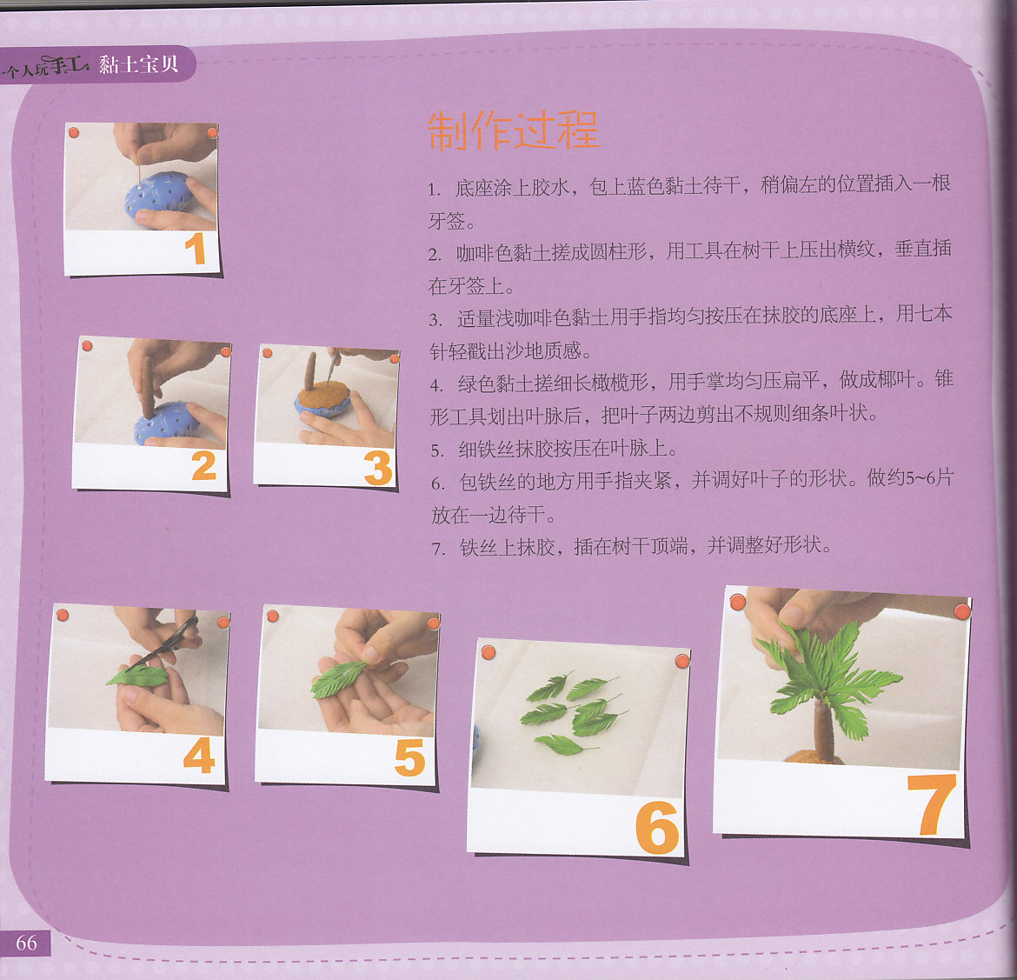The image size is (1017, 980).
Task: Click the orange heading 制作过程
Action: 513,130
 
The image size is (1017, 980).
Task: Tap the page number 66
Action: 26,943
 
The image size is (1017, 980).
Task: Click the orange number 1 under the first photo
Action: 195,250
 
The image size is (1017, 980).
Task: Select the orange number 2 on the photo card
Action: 203,466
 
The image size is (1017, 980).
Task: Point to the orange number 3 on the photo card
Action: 378,468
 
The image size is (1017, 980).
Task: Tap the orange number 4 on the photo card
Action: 199,755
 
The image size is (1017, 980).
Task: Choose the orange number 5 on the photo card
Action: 410,758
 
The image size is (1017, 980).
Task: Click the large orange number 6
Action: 657,828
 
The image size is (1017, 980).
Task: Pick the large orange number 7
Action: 932,804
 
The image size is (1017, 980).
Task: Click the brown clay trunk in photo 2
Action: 148,386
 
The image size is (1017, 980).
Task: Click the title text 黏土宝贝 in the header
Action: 138,63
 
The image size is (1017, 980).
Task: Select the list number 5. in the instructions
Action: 438,450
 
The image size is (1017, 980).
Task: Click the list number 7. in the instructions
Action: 438,549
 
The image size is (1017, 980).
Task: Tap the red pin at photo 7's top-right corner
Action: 962,610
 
